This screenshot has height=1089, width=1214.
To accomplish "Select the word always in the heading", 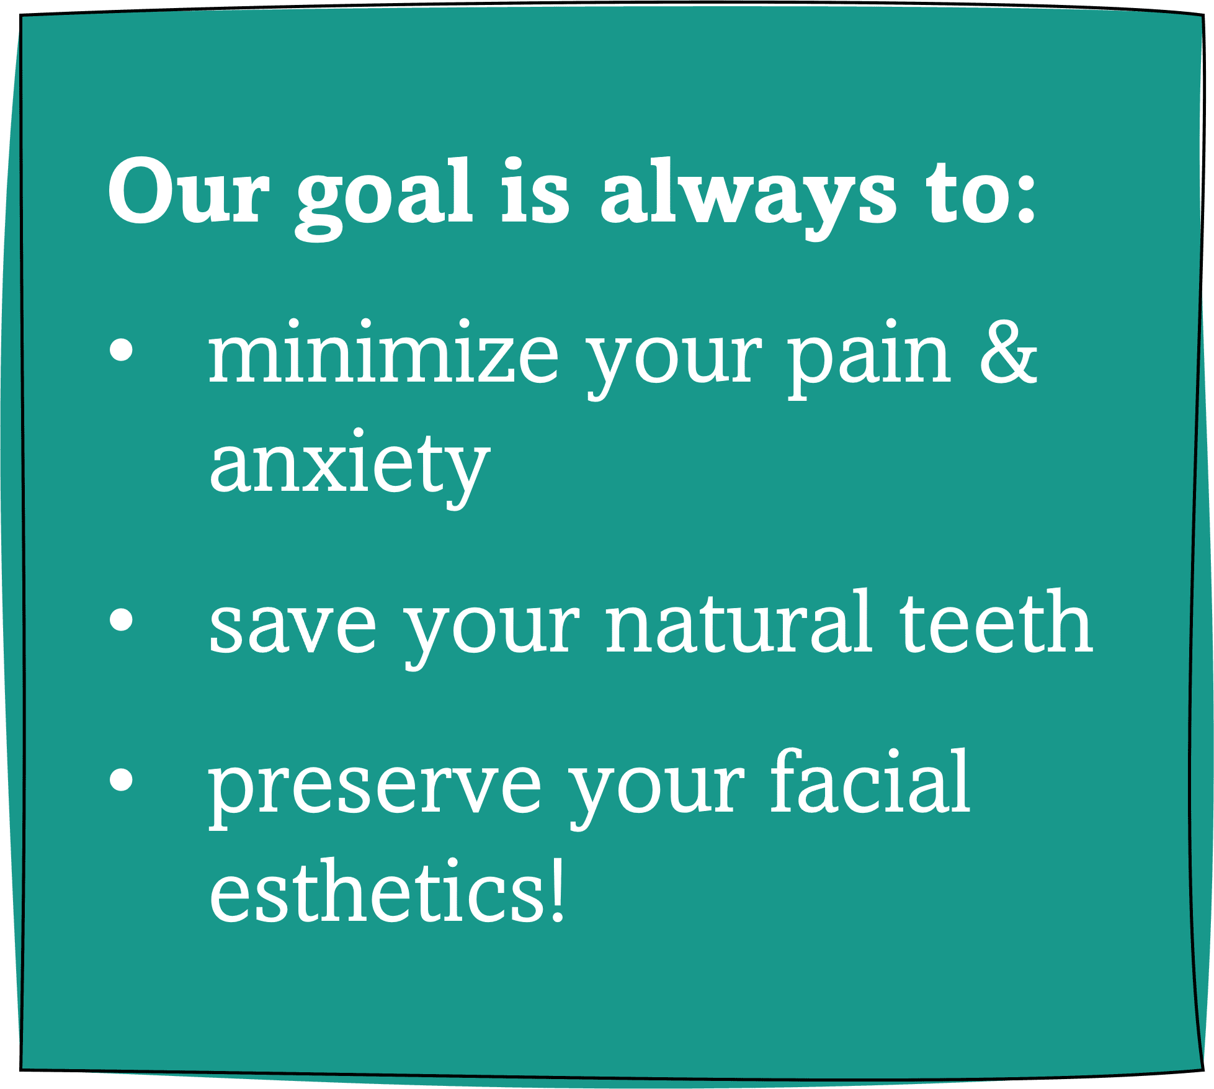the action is pos(748,199).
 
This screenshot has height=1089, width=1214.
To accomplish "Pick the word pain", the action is pos(869,359).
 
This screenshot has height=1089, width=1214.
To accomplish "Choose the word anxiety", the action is pos(350,469).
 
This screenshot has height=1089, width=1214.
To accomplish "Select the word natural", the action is pos(738,621).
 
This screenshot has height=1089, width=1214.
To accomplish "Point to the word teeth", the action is pos(996,621).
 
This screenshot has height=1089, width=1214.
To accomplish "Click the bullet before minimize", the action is pos(121,349).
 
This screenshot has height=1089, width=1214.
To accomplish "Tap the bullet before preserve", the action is pos(121,779).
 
